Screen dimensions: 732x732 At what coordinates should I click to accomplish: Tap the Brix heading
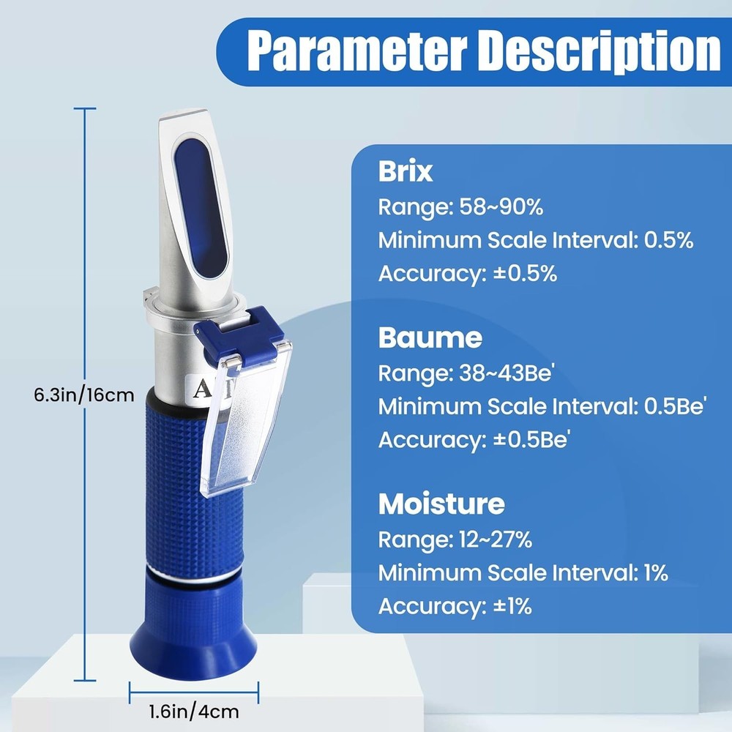[x=406, y=171]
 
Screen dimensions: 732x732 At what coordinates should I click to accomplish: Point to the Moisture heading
[x=441, y=504]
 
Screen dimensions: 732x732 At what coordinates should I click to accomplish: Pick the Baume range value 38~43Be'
[x=509, y=373]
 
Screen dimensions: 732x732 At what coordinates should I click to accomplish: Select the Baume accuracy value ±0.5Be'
[x=534, y=440]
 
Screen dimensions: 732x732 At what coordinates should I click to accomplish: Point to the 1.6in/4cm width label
[x=194, y=711]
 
